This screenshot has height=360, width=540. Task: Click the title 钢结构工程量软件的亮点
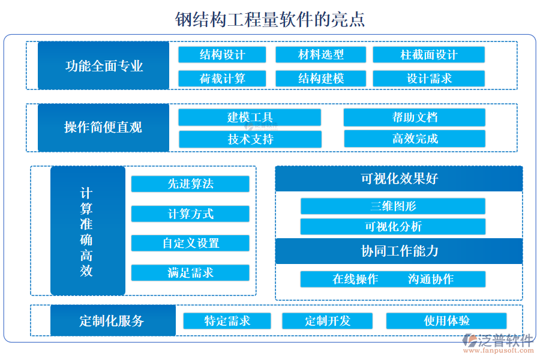pyautogui.click(x=270, y=20)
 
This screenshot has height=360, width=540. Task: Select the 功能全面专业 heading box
pyautogui.click(x=103, y=65)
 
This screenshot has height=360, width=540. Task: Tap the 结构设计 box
pyautogui.click(x=222, y=55)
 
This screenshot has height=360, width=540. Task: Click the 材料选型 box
pyautogui.click(x=320, y=55)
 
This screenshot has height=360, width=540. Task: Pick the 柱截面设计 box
pyautogui.click(x=428, y=55)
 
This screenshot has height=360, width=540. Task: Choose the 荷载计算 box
pyautogui.click(x=222, y=79)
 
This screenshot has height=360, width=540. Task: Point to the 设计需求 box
pyautogui.click(x=428, y=79)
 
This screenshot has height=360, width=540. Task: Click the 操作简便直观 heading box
pyautogui.click(x=103, y=127)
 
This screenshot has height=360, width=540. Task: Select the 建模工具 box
pyautogui.click(x=250, y=117)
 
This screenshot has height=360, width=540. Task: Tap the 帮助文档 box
pyautogui.click(x=414, y=117)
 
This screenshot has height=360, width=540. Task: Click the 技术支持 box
pyautogui.click(x=250, y=139)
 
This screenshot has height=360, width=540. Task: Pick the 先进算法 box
pyautogui.click(x=190, y=184)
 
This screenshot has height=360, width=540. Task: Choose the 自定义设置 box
pyautogui.click(x=190, y=243)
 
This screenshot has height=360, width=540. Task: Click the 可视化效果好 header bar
pyautogui.click(x=398, y=179)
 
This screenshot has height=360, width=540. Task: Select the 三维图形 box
pyautogui.click(x=392, y=206)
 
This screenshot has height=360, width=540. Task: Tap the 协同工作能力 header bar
pyautogui.click(x=398, y=251)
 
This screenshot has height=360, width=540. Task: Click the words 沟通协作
pyautogui.click(x=430, y=279)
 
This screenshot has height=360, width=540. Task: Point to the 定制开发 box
pyautogui.click(x=327, y=321)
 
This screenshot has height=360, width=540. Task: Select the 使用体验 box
pyautogui.click(x=446, y=321)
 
